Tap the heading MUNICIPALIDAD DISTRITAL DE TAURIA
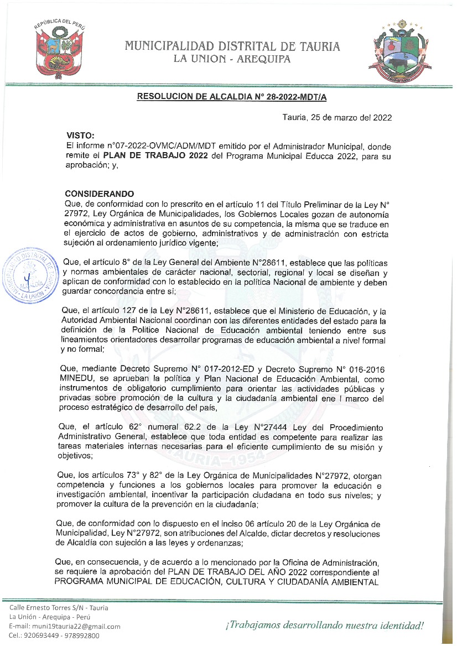point(232,46)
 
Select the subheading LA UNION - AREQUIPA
point(232,60)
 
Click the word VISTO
point(80,135)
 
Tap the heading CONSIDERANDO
point(100,194)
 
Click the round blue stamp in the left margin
point(32,276)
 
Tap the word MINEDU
point(79,379)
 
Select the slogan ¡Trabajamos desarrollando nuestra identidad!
point(324,626)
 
